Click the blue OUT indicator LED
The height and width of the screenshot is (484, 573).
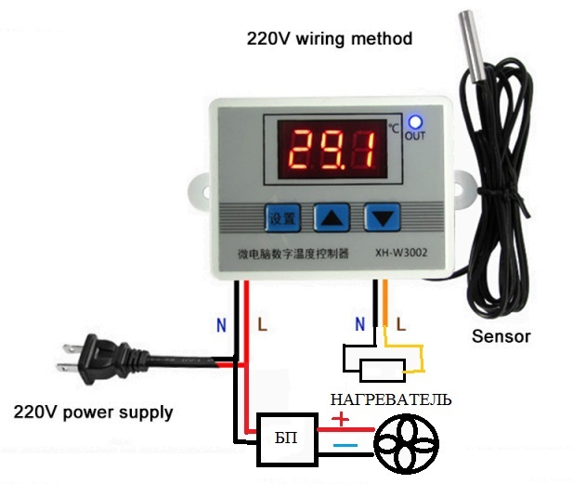pos(415,122)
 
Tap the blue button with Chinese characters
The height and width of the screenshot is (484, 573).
pos(282,218)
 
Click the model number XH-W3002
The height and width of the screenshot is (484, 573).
pos(401,253)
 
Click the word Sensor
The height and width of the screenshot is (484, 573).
pos(501,336)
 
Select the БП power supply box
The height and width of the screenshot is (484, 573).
pos(286,439)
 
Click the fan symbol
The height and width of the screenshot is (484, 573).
pos(407,443)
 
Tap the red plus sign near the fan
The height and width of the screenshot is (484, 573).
pos(341,419)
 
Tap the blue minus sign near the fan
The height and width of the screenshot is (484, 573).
pos(345,445)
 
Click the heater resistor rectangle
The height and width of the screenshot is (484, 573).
pos(383,371)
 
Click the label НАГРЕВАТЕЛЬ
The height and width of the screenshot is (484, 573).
pos(391,399)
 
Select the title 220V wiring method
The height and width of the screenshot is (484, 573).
pos(330,39)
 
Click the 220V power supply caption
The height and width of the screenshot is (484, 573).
pos(93,412)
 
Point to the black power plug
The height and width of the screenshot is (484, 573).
pos(104,360)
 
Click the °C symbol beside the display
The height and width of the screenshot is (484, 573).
pos(394,128)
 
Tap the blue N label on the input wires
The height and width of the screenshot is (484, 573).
pos(221,324)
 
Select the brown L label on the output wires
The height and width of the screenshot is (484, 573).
pos(401,324)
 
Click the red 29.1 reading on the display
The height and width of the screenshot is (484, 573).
pos(332,150)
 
